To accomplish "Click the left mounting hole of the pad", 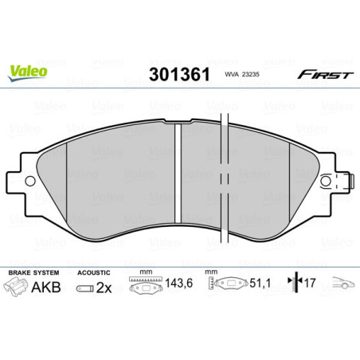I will click(x=31, y=182).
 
